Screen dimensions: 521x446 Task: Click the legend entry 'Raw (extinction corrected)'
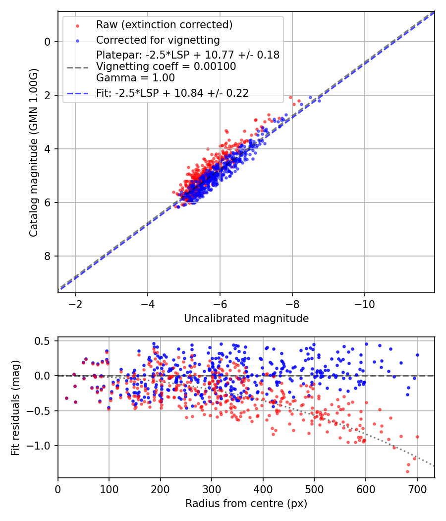(x=164, y=25)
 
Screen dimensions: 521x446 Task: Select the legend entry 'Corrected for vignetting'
(x=158, y=40)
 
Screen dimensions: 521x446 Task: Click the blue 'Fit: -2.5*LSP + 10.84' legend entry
(x=172, y=93)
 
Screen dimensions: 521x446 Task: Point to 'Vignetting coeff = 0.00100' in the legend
(x=166, y=66)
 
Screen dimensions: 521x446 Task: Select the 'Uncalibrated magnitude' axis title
(x=246, y=319)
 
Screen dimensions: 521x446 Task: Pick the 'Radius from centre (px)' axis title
(x=246, y=504)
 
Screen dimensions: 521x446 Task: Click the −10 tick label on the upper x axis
(x=365, y=303)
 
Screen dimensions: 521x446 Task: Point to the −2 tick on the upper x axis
(x=75, y=303)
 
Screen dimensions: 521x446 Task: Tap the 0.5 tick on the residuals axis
(x=45, y=341)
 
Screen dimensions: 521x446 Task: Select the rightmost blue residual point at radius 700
(x=417, y=355)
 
